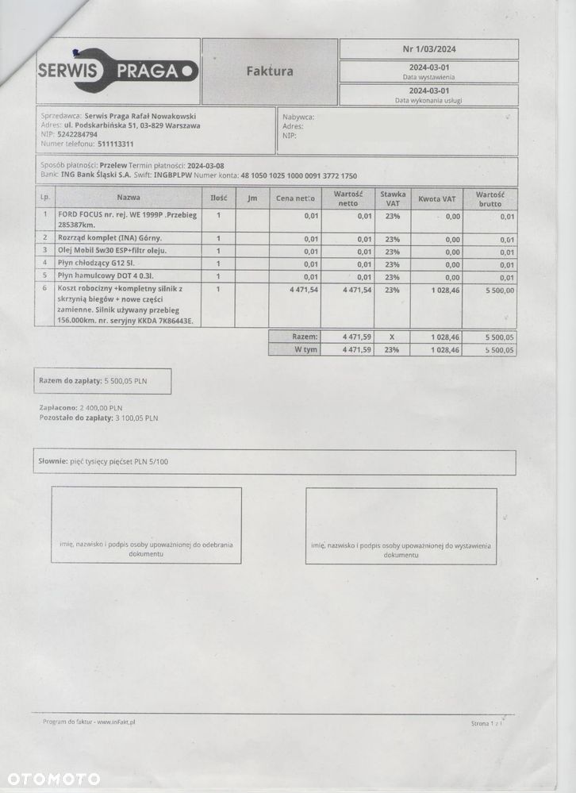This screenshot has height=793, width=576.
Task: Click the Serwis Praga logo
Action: (x=117, y=71)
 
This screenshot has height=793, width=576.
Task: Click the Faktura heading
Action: (x=270, y=71)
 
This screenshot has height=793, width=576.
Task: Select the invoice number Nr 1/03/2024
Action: (x=429, y=49)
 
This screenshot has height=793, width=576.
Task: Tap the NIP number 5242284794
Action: (x=79, y=135)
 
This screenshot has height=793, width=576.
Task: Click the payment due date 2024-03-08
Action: (x=205, y=165)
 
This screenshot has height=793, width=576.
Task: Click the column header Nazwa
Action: (x=129, y=197)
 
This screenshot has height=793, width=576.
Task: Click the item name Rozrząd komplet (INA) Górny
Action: (x=110, y=237)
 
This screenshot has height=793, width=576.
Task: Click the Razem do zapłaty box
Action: (x=102, y=381)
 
